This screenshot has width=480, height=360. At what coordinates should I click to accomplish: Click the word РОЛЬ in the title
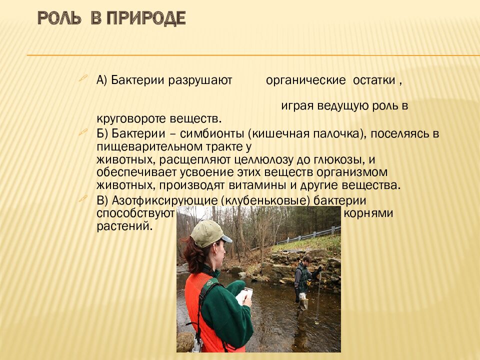coord(59,18)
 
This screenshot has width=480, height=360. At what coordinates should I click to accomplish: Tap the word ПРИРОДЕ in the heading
coord(145,18)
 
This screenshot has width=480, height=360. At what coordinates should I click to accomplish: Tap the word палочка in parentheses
coord(333,134)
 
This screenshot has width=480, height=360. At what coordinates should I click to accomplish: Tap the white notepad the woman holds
coord(244,295)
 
